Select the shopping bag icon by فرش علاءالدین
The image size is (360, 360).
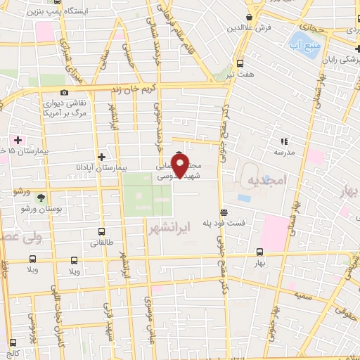[250, 18]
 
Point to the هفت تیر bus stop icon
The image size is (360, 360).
[240, 63]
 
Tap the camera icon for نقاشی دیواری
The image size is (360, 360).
[64, 93]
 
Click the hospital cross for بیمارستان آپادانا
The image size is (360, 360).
[102, 157]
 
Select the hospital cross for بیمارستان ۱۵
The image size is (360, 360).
[18, 140]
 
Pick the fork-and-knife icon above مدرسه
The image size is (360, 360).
[284, 141]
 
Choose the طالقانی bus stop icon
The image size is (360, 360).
[102, 231]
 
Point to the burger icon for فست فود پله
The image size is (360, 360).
[224, 212]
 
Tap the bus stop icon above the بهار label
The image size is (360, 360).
[260, 252]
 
